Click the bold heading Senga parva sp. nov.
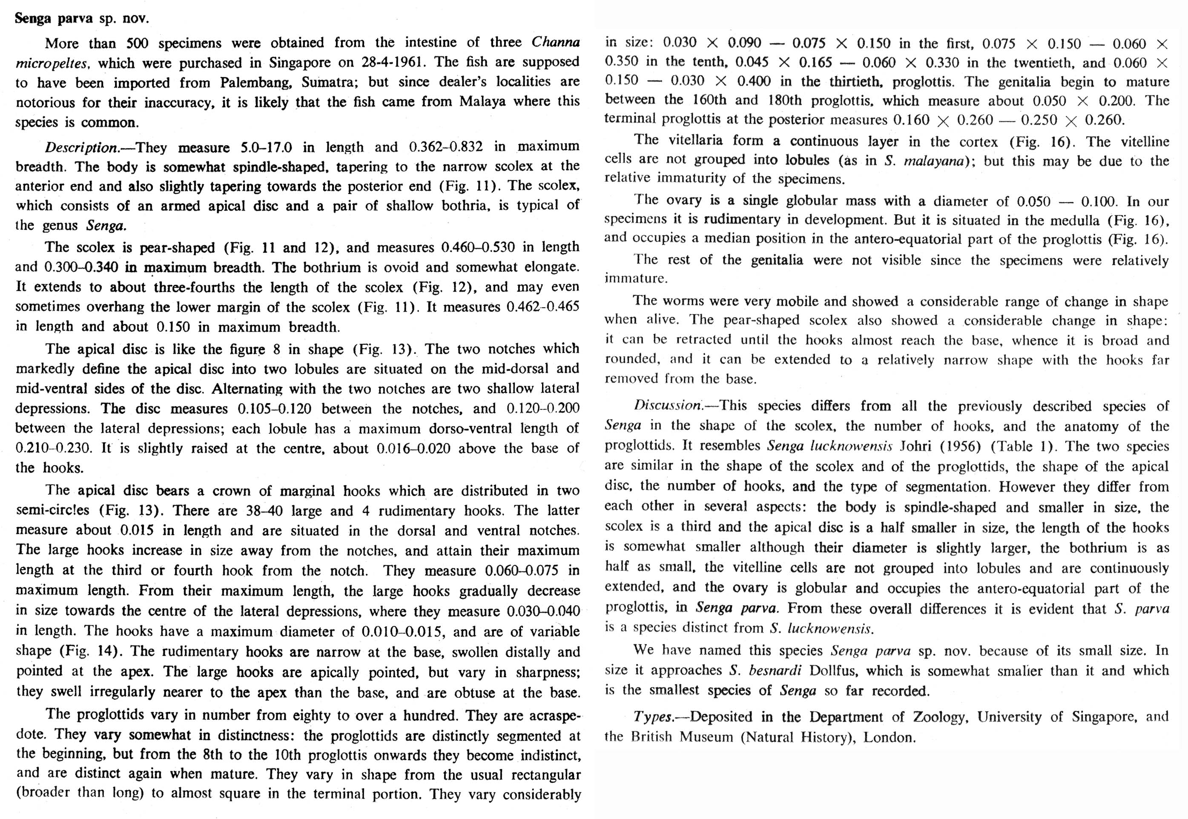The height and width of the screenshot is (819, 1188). click(x=82, y=19)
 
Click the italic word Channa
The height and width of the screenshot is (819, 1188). click(x=555, y=42)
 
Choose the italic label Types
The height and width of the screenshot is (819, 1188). click(x=653, y=717)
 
